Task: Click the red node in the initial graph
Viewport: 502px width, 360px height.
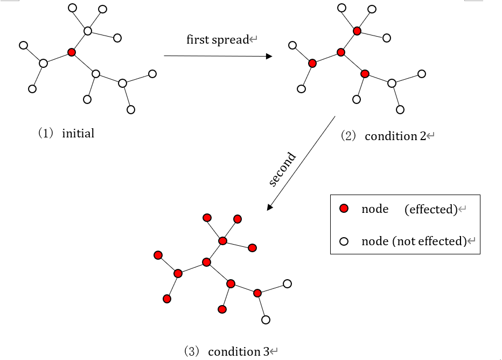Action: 72,52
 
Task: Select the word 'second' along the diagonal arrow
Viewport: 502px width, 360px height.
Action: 283,170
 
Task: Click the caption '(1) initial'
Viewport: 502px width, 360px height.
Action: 66,134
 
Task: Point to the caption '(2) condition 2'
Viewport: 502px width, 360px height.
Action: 384,136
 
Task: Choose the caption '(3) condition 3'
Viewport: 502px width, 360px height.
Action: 227,351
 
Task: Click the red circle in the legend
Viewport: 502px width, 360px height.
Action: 344,209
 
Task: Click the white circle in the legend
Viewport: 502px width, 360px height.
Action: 344,241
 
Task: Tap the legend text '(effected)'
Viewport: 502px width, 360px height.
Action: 430,209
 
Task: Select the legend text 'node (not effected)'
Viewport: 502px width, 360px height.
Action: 413,241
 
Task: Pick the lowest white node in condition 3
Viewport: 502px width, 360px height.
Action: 266,320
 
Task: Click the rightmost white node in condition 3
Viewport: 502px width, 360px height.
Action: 287,283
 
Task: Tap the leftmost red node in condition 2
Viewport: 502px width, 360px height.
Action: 312,63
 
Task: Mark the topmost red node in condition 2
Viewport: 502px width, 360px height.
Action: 357,31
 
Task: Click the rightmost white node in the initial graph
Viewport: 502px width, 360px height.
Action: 152,73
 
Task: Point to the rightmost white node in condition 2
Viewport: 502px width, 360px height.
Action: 422,73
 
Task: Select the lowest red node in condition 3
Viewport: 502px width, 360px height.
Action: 222,309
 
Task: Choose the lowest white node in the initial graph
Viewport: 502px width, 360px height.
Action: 131,109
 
